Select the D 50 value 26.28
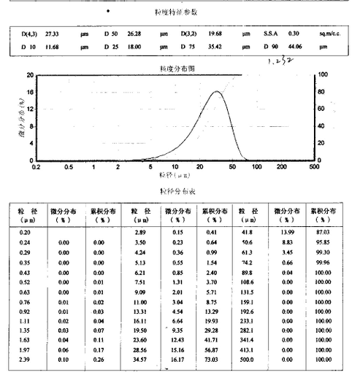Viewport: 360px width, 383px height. (x=134, y=34)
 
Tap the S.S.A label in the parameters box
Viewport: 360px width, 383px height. (x=270, y=34)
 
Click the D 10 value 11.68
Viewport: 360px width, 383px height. (x=52, y=47)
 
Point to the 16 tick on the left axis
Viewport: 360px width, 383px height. (x=30, y=92)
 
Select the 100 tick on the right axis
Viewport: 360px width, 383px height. (x=325, y=75)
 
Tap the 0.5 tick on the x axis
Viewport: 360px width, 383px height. (x=68, y=167)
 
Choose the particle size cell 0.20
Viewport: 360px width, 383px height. (x=24, y=231)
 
